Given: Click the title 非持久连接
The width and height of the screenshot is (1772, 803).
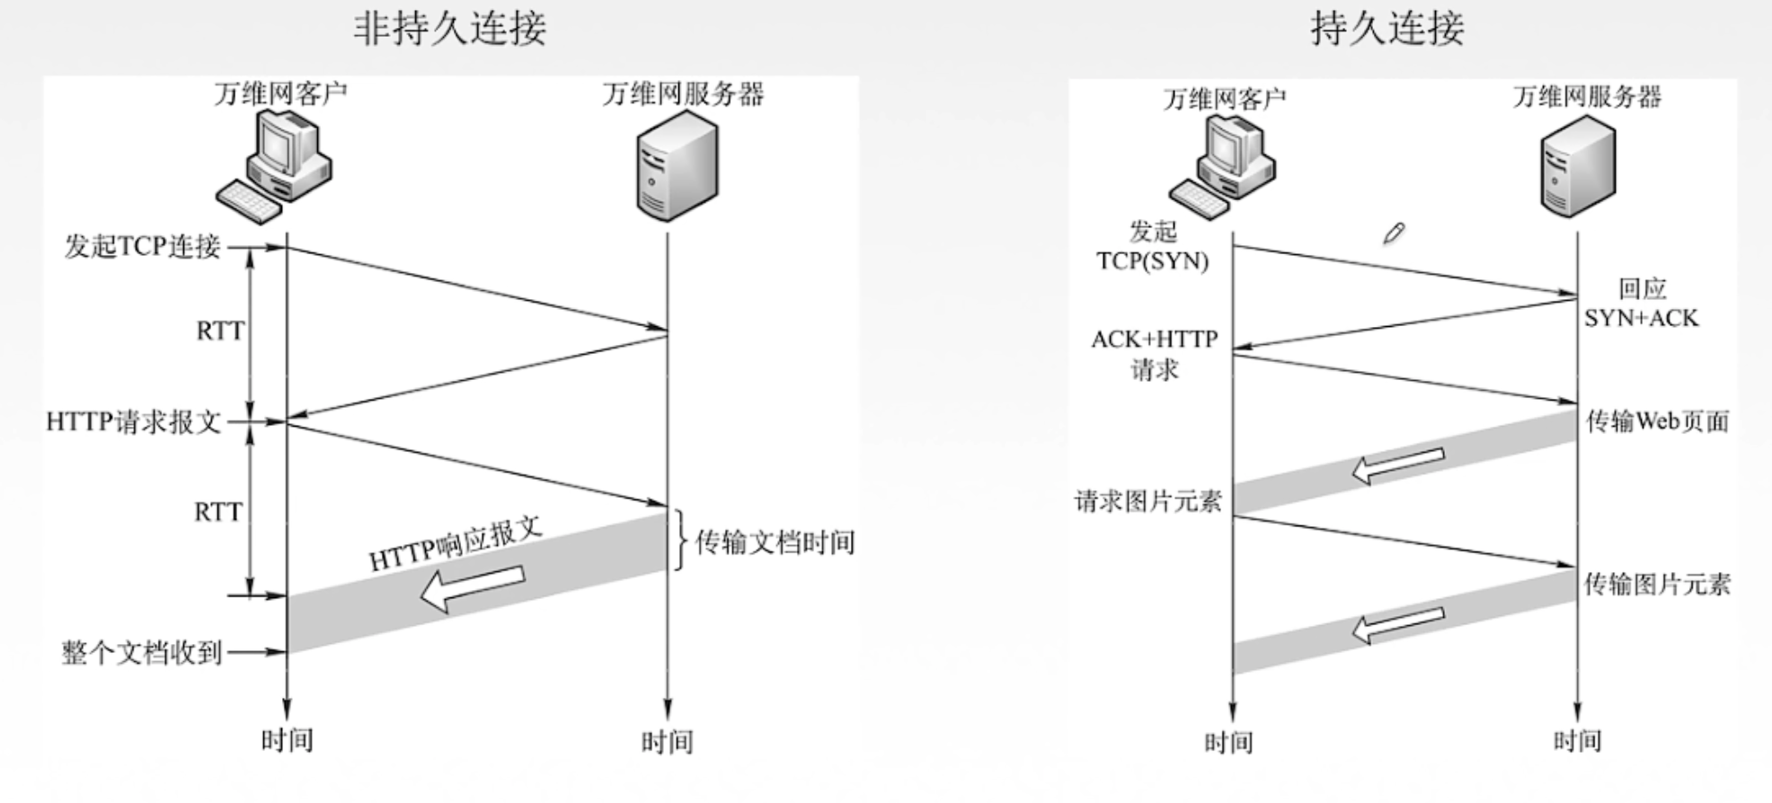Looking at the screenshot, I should tap(449, 29).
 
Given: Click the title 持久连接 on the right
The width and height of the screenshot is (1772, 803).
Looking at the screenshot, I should tap(1387, 29).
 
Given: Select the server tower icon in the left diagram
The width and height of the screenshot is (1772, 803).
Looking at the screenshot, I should tap(677, 166).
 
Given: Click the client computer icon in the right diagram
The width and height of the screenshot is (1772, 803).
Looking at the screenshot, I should tap(1224, 166).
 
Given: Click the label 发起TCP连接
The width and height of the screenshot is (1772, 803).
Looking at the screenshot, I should tap(142, 246).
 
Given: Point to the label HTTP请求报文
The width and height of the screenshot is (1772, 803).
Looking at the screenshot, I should tap(134, 421).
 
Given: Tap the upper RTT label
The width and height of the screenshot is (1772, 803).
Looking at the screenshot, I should tap(219, 331).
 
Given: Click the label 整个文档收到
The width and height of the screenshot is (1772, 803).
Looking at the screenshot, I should tap(141, 652).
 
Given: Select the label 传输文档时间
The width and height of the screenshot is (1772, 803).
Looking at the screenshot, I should tap(775, 543).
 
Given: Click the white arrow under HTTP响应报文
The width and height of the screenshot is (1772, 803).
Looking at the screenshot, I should tap(473, 587).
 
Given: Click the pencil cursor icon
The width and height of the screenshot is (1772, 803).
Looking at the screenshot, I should tap(1393, 234).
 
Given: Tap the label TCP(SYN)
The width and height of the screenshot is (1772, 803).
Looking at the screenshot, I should tap(1152, 261).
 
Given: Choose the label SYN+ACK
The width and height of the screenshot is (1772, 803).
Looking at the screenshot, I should tap(1641, 318).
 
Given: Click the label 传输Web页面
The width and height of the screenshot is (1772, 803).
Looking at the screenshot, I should tap(1657, 421).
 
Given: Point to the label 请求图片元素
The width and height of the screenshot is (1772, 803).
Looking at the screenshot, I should tap(1147, 501).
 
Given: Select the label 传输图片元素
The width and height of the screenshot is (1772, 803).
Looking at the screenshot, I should tap(1656, 585).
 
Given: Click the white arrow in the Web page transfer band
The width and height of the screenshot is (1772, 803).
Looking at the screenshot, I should tap(1397, 464).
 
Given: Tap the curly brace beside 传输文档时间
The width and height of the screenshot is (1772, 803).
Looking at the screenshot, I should tap(680, 541).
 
